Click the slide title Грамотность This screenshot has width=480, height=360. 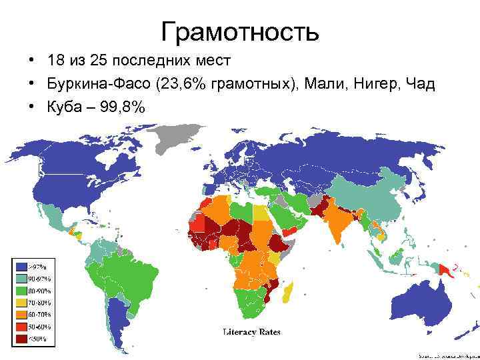point(240,31)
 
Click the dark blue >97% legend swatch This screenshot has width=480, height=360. point(22,267)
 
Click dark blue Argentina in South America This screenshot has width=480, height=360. point(120,320)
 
